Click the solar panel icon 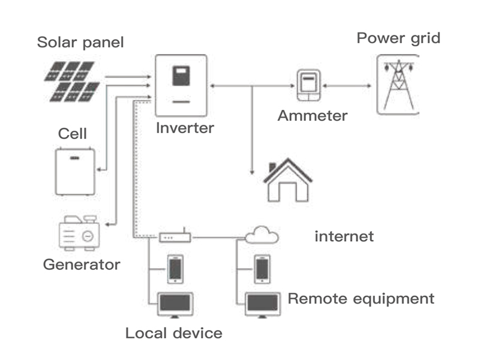pyautogui.click(x=71, y=81)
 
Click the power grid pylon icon pyautogui.click(x=397, y=84)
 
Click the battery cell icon pyautogui.click(x=75, y=171)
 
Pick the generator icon pyautogui.click(x=78, y=233)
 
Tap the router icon pyautogui.click(x=175, y=238)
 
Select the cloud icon pyautogui.click(x=262, y=235)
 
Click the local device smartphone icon pyautogui.click(x=175, y=269)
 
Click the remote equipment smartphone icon pyautogui.click(x=262, y=268)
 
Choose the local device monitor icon pyautogui.click(x=175, y=304)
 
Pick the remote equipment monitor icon pyautogui.click(x=262, y=304)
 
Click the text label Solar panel pyautogui.click(x=80, y=43)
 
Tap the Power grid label pyautogui.click(x=398, y=38)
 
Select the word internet pyautogui.click(x=344, y=236)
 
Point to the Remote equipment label pyautogui.click(x=361, y=298)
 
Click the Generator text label pyautogui.click(x=82, y=265)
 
